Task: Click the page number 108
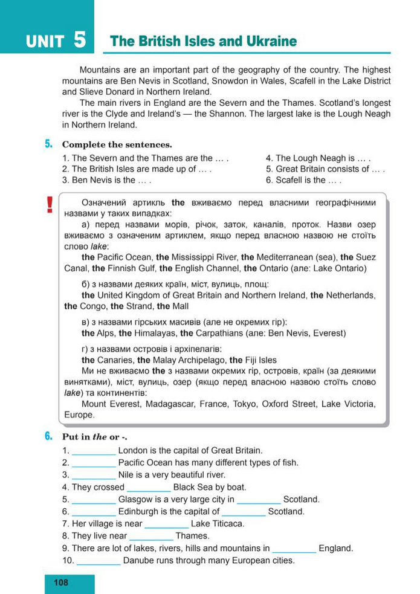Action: point(61,583)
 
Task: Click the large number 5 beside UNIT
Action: point(80,40)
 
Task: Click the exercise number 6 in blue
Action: point(48,436)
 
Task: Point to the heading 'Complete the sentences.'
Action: point(117,144)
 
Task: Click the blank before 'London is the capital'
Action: point(94,451)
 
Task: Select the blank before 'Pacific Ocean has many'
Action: point(94,463)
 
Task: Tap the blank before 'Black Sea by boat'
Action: point(149,487)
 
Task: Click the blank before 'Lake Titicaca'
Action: point(166,524)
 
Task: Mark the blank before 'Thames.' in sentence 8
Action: point(151,536)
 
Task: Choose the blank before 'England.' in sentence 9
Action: point(294,549)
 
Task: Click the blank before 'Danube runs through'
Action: point(99,561)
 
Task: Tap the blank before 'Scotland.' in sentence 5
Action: point(259,500)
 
